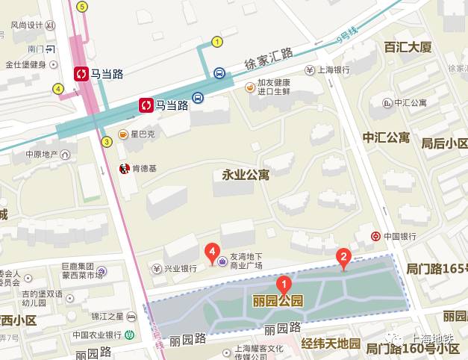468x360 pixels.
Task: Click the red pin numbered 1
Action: coord(284,283)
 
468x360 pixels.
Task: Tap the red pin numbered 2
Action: coord(343,258)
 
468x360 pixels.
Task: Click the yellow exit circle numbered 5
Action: coord(82,7)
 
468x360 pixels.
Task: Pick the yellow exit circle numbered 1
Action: coord(217,42)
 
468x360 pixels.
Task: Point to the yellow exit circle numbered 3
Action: coord(107,141)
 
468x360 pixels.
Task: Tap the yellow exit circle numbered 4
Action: coord(58,89)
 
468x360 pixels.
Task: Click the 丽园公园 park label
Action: coord(278,301)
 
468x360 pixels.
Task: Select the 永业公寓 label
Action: coord(246,175)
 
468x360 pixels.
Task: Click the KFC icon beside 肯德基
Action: coord(125,169)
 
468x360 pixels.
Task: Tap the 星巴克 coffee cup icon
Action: coord(123,134)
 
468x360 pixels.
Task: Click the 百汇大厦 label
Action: coord(408,47)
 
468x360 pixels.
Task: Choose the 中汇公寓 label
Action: coord(386,137)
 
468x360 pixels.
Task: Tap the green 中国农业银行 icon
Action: coord(130,335)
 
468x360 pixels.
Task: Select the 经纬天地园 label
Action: coord(331,344)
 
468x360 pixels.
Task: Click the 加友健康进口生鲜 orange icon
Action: coord(250,86)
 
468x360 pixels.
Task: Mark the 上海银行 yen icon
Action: coord(310,70)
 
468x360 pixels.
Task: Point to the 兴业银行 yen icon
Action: coord(157,268)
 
